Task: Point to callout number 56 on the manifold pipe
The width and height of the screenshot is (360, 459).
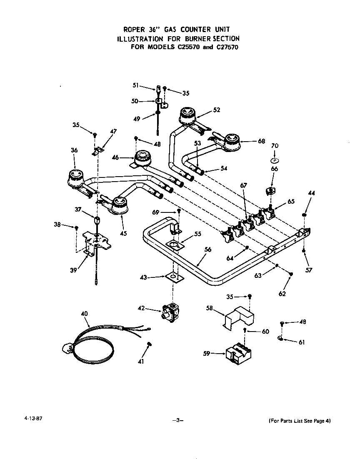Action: click(207, 249)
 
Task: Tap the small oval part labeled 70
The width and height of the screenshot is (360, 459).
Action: click(274, 160)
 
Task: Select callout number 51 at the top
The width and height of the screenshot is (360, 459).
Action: click(136, 85)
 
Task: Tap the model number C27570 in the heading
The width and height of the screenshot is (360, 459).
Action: click(227, 47)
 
